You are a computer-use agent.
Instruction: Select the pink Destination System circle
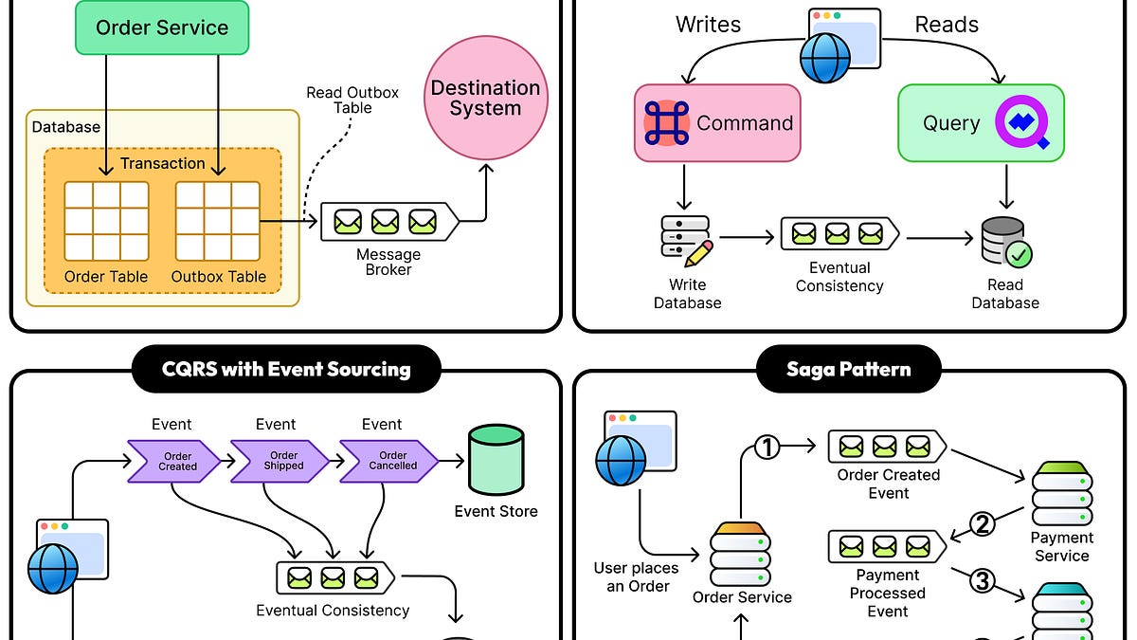click(x=485, y=99)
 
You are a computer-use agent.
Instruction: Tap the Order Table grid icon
click(x=106, y=221)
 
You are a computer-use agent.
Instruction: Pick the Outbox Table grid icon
click(x=218, y=221)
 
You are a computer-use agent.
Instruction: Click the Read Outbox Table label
click(x=352, y=101)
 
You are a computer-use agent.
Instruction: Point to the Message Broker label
click(x=388, y=262)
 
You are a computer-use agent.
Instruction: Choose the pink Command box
click(x=717, y=122)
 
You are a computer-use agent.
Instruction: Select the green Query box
click(x=981, y=122)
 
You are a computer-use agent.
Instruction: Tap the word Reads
click(x=947, y=25)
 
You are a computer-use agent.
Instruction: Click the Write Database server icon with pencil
click(x=687, y=242)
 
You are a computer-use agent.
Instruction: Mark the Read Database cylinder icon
click(x=1005, y=243)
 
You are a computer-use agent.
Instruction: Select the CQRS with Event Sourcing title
click(x=286, y=369)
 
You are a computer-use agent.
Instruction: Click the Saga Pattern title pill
click(x=848, y=369)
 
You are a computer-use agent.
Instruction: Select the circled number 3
click(x=983, y=581)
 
